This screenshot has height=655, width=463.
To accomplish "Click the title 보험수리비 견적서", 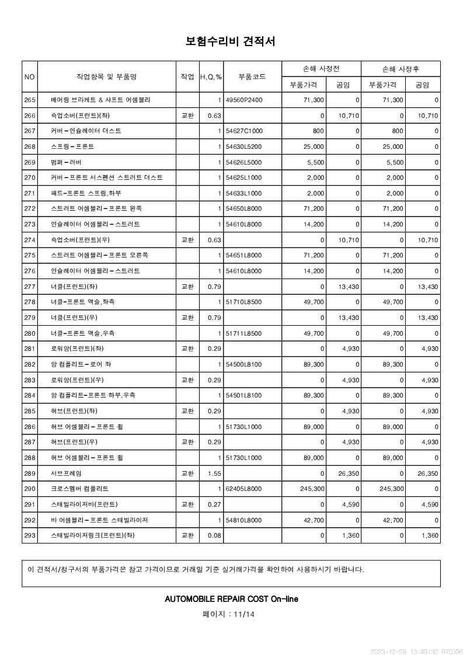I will coord(231,41).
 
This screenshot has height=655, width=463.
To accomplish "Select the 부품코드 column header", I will coord(252,76).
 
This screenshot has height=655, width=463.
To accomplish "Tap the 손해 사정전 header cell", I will coord(321,69).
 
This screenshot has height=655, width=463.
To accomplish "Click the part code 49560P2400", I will coord(244,100).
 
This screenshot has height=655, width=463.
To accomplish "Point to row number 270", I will coord(30,177).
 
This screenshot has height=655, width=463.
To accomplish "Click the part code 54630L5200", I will coord(244,147).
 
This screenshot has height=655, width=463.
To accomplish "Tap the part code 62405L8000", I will coord(244,489).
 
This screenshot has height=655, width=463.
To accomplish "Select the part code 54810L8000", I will coord(244,520).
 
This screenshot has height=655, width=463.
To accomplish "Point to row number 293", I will coord(30,536).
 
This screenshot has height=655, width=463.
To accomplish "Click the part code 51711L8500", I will coord(244,333).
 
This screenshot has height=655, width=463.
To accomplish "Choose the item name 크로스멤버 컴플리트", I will coord(79,489).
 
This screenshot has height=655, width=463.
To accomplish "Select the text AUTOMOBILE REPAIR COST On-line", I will coord(231,599).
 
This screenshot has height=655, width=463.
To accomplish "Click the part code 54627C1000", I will coord(244,131).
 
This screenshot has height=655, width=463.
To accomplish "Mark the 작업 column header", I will coord(187,76).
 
